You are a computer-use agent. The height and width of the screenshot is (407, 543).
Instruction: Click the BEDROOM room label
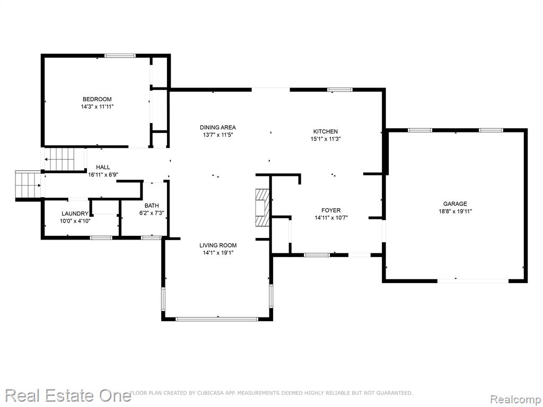tap(97, 99)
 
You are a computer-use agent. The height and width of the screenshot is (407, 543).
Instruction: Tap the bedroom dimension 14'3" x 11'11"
tap(98, 107)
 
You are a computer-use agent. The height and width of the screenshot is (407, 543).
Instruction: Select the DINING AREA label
tap(218, 127)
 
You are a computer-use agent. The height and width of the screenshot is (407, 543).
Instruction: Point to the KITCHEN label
tap(326, 131)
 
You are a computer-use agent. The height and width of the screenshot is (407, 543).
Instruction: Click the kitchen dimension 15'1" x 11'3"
tap(326, 139)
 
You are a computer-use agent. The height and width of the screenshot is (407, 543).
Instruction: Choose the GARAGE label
tap(455, 204)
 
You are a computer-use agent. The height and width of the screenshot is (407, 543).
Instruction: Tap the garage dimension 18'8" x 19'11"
tap(455, 211)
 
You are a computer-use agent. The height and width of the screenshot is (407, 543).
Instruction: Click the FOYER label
tap(331, 210)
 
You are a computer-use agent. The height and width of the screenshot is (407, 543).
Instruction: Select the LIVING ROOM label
tap(218, 245)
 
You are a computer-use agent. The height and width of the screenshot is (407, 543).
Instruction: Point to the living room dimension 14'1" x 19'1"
tap(218, 253)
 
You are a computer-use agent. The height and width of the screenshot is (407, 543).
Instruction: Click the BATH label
tap(152, 206)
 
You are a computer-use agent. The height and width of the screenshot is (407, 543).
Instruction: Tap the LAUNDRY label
tap(75, 214)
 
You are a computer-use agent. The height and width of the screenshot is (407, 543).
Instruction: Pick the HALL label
tap(103, 167)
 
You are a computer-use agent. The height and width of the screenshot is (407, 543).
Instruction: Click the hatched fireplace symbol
tap(262, 207)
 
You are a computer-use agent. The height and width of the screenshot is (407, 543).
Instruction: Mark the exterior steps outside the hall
tap(28, 185)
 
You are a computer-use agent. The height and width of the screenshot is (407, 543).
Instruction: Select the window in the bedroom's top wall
tap(120, 55)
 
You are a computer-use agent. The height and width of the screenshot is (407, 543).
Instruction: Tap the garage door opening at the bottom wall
tap(473, 281)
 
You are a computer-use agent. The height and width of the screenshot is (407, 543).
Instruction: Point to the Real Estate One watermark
tap(68, 395)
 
